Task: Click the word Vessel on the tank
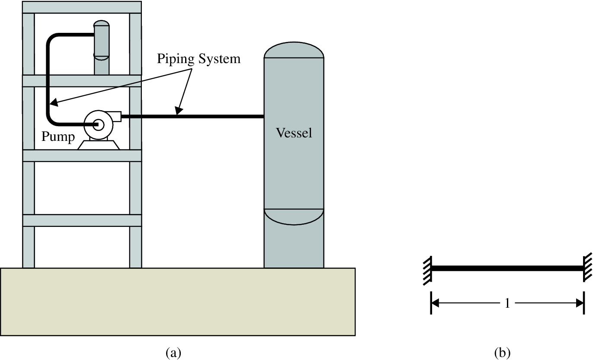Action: pyautogui.click(x=294, y=133)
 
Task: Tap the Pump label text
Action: pyautogui.click(x=58, y=137)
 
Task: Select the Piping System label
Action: pyautogui.click(x=199, y=59)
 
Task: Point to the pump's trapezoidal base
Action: pyautogui.click(x=99, y=144)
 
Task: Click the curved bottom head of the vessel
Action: pyautogui.click(x=294, y=217)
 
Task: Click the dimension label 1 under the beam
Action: pyautogui.click(x=507, y=304)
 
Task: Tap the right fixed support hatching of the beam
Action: pyautogui.click(x=588, y=268)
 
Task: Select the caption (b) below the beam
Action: pyautogui.click(x=502, y=353)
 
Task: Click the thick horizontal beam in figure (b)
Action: pyautogui.click(x=507, y=268)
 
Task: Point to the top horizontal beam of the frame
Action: pyautogui.click(x=82, y=7)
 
